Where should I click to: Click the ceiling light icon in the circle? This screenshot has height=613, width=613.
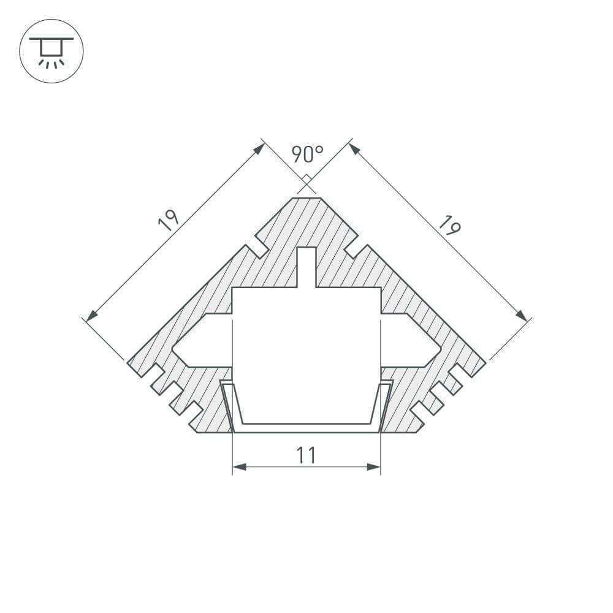51,51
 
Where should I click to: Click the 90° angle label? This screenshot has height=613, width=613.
306,154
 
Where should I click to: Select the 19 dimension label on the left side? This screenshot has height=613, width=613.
168,220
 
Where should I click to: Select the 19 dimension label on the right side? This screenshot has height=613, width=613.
448,225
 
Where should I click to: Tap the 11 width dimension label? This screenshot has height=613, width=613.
306,455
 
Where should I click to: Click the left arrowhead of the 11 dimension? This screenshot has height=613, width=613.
239,467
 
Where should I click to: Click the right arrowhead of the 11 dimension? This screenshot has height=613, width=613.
374,467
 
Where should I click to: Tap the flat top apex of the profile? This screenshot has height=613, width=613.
306,198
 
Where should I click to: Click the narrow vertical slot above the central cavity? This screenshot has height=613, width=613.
306,267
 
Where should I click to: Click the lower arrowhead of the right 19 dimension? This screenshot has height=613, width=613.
522,315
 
